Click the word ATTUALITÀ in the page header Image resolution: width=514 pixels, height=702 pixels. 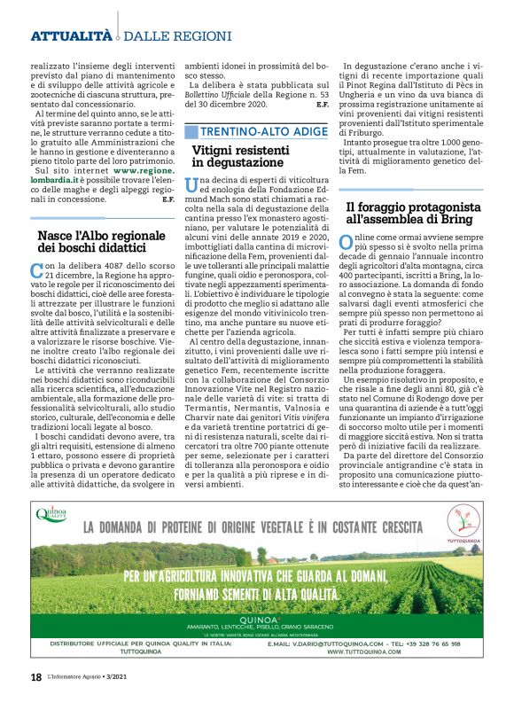71,36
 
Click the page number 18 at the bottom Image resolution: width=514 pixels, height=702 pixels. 36,677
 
